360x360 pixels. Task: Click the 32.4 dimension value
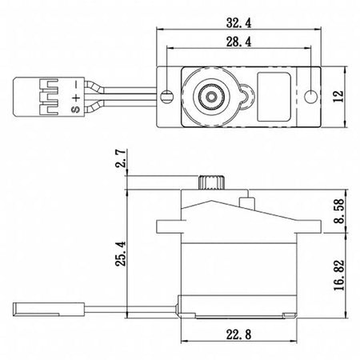click(x=238, y=23)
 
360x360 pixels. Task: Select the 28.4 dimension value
click(x=238, y=42)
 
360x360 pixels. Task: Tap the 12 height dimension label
click(x=338, y=96)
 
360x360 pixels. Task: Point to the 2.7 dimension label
click(x=121, y=158)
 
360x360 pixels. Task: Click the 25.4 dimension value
click(x=121, y=254)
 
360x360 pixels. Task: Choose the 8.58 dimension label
click(x=339, y=210)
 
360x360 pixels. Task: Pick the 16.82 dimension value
click(x=339, y=275)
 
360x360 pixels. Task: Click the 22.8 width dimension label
click(x=238, y=334)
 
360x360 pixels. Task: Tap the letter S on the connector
click(x=75, y=109)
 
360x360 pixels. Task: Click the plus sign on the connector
click(x=76, y=97)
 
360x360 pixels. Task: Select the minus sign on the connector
click(x=76, y=85)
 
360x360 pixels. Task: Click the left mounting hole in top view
click(x=167, y=96)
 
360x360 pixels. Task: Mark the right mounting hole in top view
click(x=311, y=96)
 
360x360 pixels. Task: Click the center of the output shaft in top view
click(x=211, y=97)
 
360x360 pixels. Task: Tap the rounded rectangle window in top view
click(x=274, y=96)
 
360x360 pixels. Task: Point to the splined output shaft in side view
click(x=211, y=182)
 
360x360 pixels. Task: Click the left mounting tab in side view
click(x=169, y=226)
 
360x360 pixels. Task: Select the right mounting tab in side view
click(x=309, y=226)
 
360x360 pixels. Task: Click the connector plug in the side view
click(x=49, y=309)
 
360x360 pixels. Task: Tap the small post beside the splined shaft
click(x=246, y=202)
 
